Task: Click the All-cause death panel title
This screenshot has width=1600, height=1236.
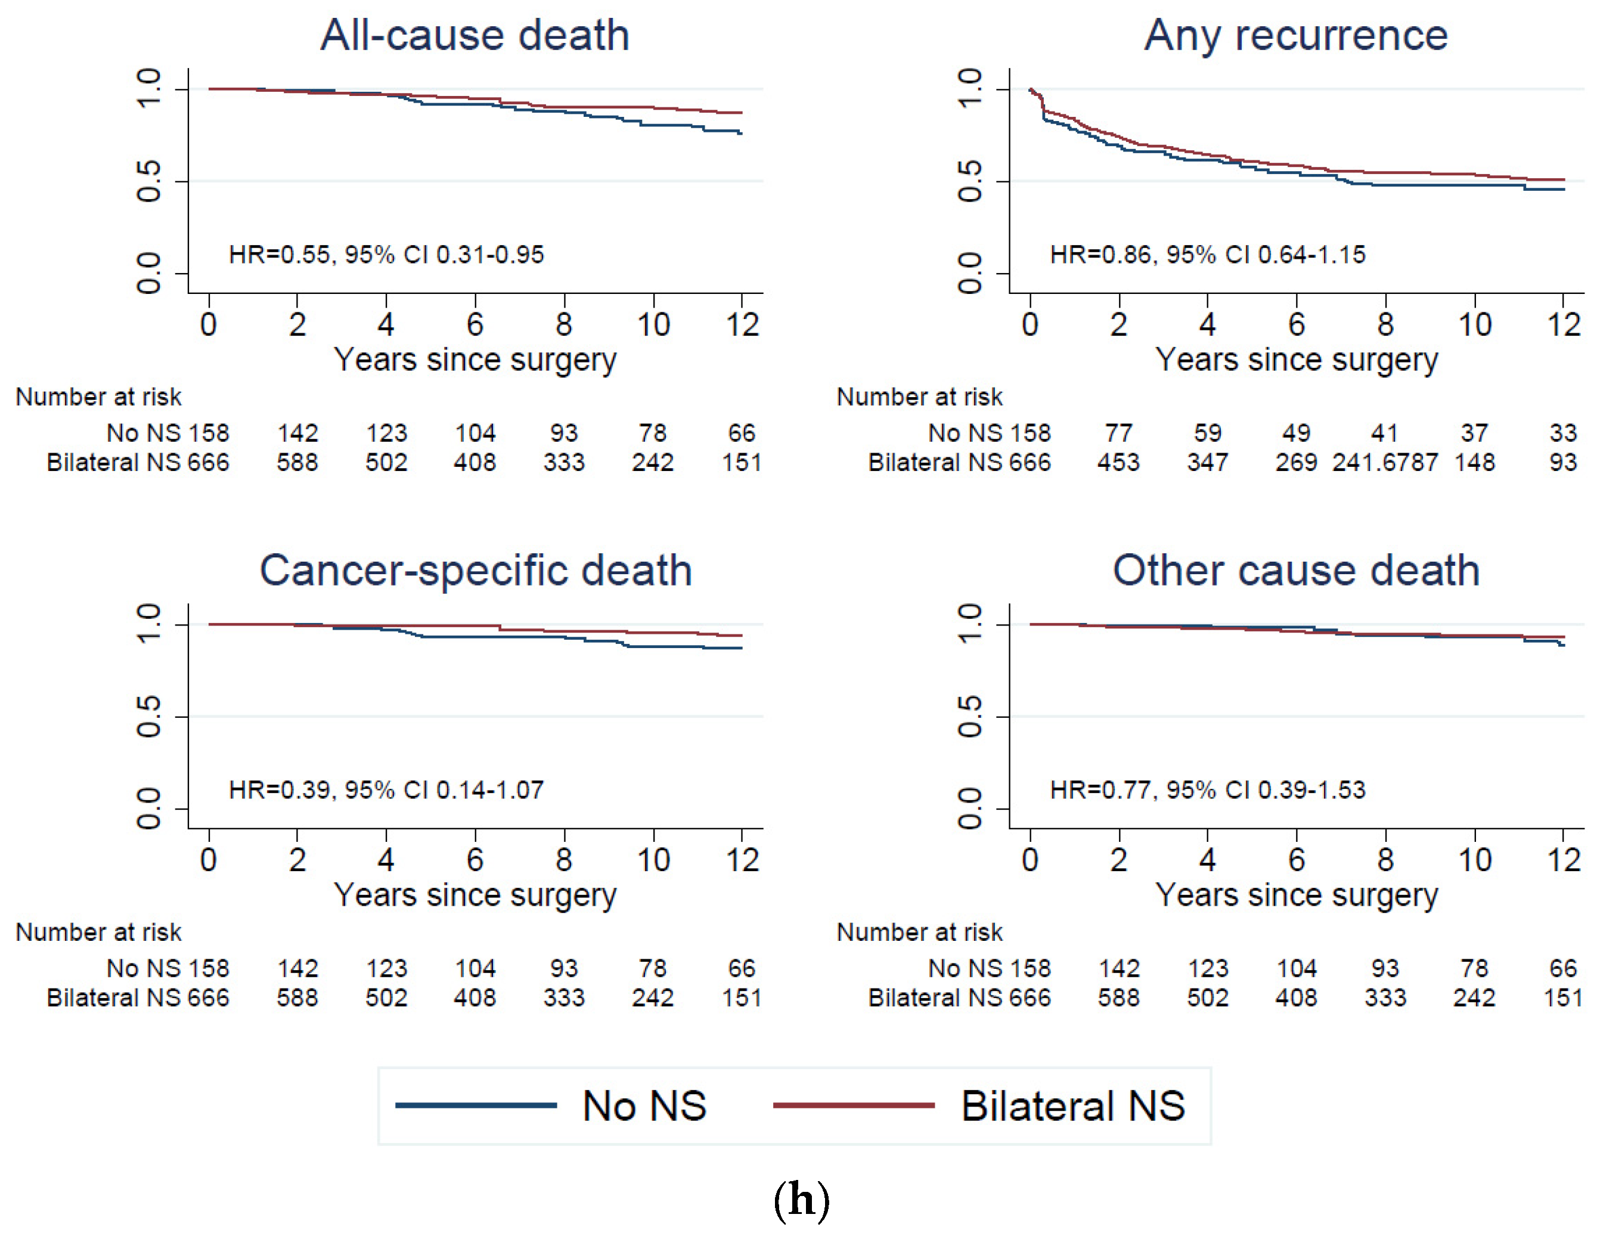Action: (x=475, y=35)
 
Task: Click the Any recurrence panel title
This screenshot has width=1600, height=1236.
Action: (x=1296, y=35)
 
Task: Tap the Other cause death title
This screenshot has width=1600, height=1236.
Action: (x=1296, y=571)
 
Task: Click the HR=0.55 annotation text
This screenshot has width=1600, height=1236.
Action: (x=386, y=255)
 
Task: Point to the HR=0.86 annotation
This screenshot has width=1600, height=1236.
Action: (x=1207, y=255)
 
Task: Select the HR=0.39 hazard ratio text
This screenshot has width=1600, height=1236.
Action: (x=386, y=790)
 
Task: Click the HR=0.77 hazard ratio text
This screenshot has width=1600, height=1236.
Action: (x=1207, y=790)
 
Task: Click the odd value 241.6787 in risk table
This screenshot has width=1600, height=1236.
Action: (x=1385, y=462)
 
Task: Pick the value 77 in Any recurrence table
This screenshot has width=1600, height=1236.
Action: (x=1119, y=433)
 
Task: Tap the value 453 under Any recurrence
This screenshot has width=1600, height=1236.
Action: (x=1119, y=462)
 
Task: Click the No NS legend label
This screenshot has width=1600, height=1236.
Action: (x=644, y=1105)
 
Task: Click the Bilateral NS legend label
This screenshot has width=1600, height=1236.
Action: (x=1072, y=1105)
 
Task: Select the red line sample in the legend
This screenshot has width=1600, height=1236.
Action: (x=854, y=1105)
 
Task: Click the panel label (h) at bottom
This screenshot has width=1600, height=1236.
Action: (x=801, y=1200)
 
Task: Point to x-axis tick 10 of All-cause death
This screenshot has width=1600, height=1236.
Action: (x=653, y=324)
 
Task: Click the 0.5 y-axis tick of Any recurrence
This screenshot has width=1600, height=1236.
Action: (x=970, y=181)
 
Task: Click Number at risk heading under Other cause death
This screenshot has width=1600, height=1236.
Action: (x=919, y=932)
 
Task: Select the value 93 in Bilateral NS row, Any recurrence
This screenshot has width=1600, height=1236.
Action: (x=1562, y=462)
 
